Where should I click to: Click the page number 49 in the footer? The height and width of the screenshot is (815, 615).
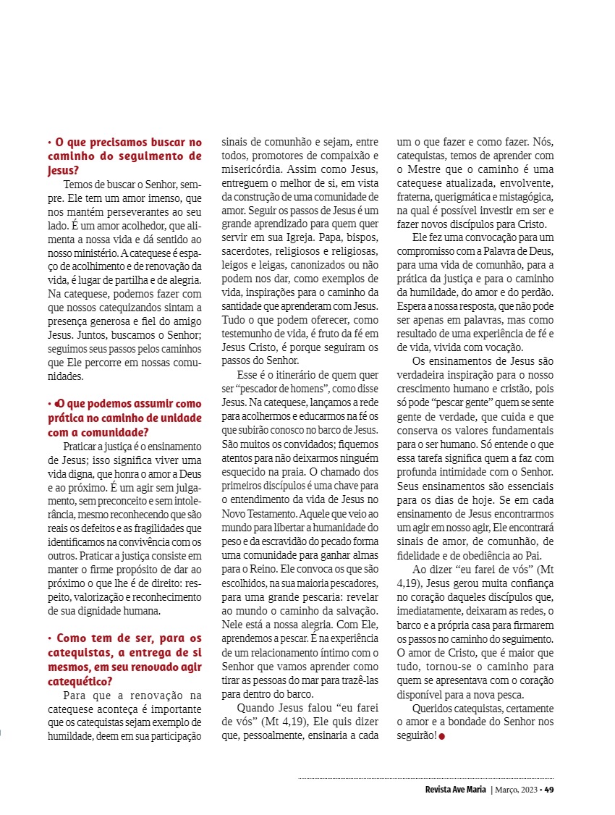(x=549, y=790)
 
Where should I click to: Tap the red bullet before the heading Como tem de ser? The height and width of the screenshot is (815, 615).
(x=49, y=638)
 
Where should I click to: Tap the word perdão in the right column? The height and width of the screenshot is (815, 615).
(x=536, y=292)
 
